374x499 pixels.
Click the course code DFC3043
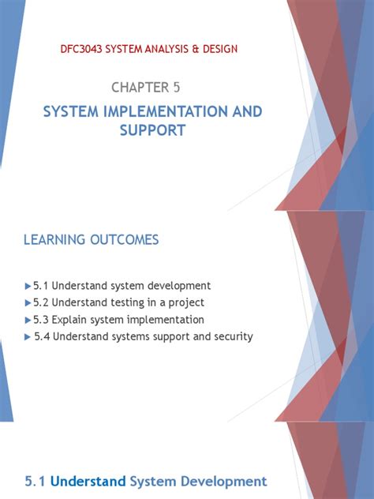(x=82, y=49)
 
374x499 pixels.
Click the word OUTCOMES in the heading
(x=125, y=239)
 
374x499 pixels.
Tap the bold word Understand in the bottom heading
(x=92, y=480)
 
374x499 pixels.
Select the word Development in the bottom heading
(x=226, y=480)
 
